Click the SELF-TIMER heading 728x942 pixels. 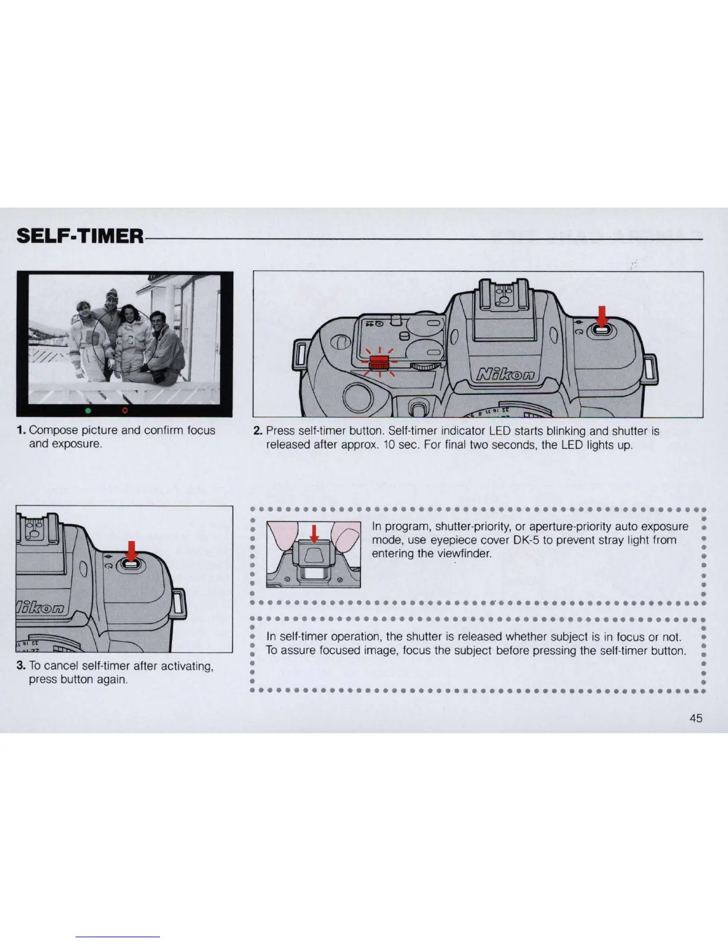pos(80,235)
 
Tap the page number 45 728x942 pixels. pos(695,718)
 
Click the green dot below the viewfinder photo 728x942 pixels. pos(87,410)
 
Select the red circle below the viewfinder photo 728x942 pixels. pos(125,410)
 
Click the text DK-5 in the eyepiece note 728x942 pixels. pos(526,540)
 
